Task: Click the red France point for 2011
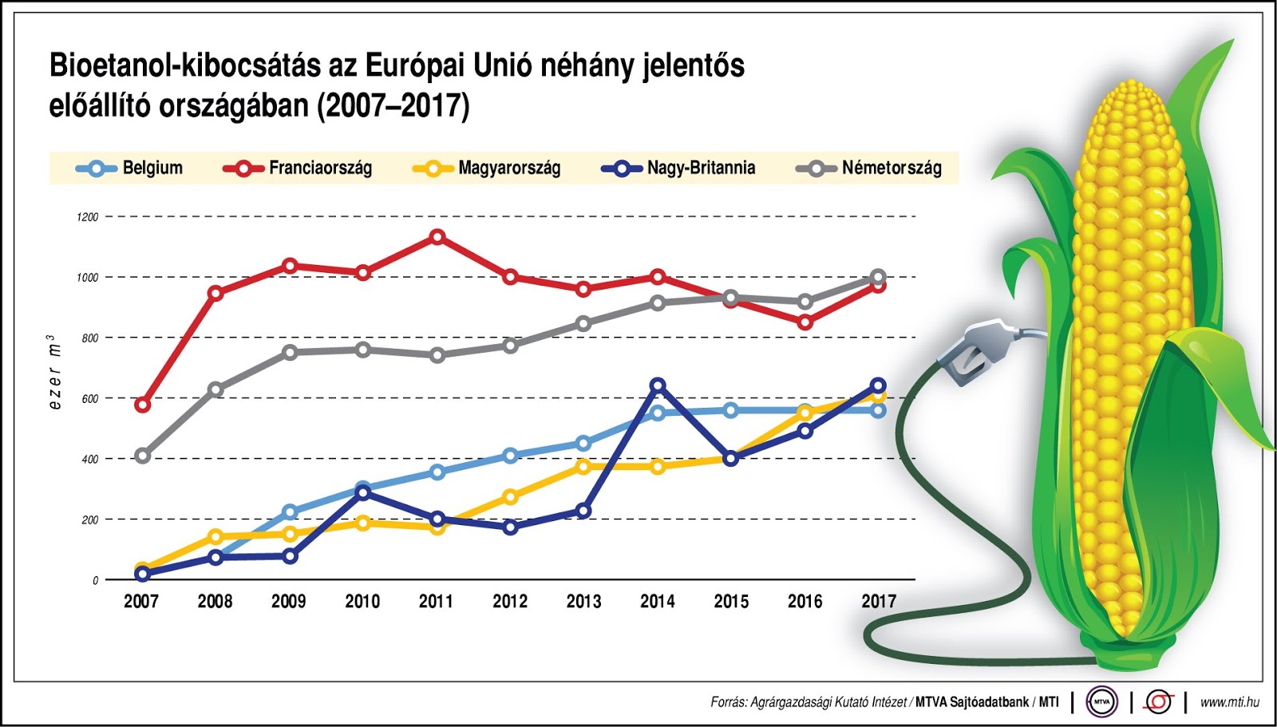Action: point(437,237)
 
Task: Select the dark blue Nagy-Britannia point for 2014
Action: point(658,385)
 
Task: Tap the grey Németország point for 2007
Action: point(142,456)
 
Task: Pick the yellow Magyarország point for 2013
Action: point(583,467)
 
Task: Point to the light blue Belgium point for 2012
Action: point(511,456)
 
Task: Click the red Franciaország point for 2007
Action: point(142,405)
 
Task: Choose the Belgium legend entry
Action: point(130,168)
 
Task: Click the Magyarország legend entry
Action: point(487,168)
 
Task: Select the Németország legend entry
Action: point(870,168)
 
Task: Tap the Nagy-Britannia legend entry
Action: point(678,168)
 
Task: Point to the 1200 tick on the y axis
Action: point(88,217)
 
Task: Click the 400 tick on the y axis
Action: point(89,460)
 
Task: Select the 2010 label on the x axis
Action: point(362,601)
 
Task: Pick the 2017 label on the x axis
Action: point(879,601)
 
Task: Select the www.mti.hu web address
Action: point(1229,701)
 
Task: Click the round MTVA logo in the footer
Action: point(1102,701)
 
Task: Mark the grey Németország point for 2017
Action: point(878,277)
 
